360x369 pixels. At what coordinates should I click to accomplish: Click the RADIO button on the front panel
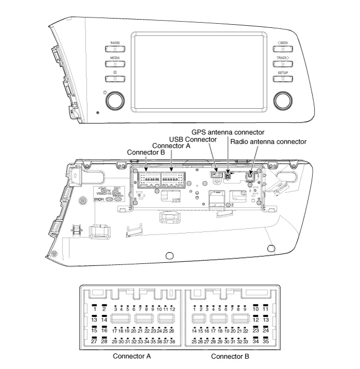pos(115,51)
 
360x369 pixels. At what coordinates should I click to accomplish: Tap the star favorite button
pos(115,78)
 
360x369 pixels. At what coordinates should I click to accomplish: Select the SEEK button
pos(283,50)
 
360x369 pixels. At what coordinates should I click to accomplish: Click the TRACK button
pos(283,65)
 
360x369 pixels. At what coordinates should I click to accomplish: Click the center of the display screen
pos(199,72)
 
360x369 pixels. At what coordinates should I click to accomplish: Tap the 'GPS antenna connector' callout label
pos(228,132)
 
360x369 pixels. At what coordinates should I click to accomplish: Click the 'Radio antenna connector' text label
pos(268,141)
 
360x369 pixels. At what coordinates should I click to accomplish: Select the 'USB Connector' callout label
pos(193,140)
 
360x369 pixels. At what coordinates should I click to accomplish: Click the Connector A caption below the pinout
pos(132,356)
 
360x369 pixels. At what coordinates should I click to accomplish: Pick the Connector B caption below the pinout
pos(230,356)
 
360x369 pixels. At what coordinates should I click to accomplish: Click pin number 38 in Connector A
pos(173,341)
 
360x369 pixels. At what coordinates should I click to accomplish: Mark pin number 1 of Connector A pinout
pos(94,309)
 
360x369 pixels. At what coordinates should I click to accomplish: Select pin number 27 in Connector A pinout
pos(94,341)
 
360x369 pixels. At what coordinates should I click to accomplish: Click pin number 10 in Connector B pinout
pos(256,309)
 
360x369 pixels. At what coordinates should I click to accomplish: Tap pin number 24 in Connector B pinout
pos(266,330)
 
